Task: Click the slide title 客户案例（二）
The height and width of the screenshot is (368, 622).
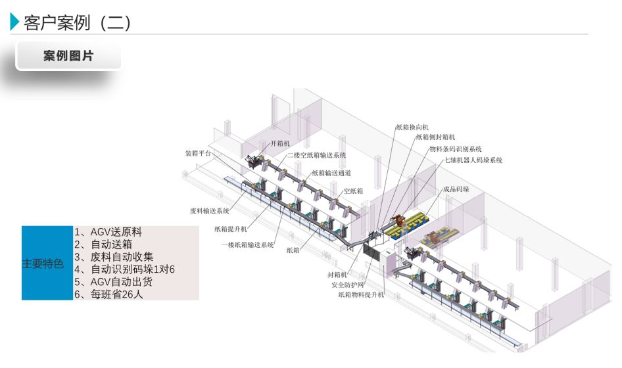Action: [78, 23]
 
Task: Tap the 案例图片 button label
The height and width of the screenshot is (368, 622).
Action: [68, 56]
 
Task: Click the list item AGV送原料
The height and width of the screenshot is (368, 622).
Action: [108, 232]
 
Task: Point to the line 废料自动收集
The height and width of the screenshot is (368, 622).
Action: [113, 257]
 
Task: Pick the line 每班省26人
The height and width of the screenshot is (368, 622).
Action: [108, 294]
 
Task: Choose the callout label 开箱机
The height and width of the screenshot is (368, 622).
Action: [280, 143]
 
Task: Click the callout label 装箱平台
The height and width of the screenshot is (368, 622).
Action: [198, 154]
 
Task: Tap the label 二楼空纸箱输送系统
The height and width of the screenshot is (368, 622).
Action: [316, 156]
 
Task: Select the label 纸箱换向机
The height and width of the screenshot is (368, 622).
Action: [412, 127]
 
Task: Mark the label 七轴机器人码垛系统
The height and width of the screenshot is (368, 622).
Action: [473, 160]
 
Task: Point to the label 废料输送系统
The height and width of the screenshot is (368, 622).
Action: [210, 212]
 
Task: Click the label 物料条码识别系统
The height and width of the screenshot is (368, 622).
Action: [456, 149]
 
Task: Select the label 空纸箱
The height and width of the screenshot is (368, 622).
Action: [353, 192]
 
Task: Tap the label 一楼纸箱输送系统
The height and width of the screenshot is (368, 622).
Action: [247, 245]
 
